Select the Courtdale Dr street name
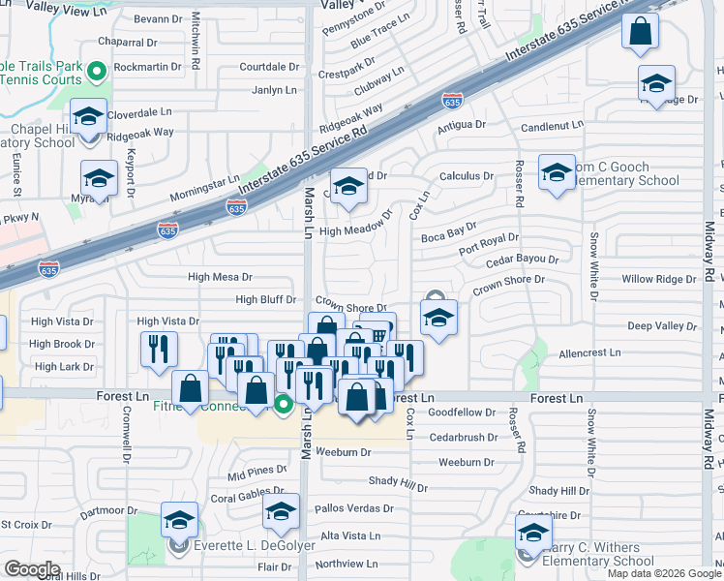click(x=269, y=67)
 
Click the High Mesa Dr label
click(x=220, y=277)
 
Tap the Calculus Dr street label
click(x=467, y=176)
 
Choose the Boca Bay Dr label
click(x=449, y=232)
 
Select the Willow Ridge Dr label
click(x=659, y=279)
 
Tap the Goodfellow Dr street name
click(x=462, y=413)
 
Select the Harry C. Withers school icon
click(x=533, y=532)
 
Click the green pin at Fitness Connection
click(x=283, y=405)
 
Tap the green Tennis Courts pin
click(x=97, y=71)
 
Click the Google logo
click(x=33, y=568)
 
